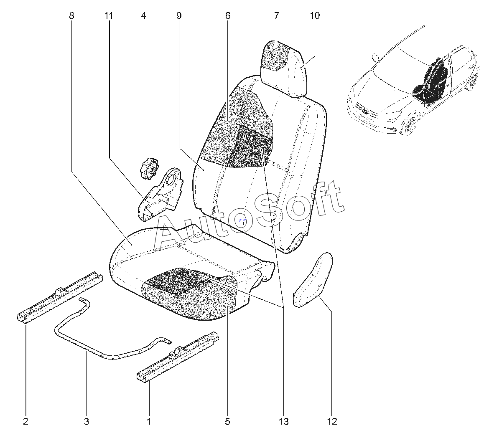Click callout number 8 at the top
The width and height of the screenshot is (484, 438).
click(x=71, y=16)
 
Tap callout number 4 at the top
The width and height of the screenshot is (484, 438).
click(x=143, y=16)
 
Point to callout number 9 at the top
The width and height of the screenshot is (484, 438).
click(x=179, y=16)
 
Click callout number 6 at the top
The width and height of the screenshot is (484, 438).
click(x=228, y=16)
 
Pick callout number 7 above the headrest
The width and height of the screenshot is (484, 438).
click(x=276, y=16)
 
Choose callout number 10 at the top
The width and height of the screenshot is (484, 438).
click(x=315, y=16)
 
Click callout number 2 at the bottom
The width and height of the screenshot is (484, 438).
click(x=25, y=421)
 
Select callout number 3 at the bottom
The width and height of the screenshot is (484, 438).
click(x=87, y=421)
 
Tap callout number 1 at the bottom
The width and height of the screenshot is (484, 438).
click(x=149, y=421)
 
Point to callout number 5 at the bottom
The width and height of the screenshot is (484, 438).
click(x=227, y=421)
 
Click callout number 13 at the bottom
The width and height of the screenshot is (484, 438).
click(x=284, y=421)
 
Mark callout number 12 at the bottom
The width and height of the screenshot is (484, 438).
click(x=332, y=421)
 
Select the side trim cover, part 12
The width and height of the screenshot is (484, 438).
click(x=312, y=280)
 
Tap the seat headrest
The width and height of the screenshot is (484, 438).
click(x=284, y=68)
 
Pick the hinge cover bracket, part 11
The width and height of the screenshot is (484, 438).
click(x=160, y=194)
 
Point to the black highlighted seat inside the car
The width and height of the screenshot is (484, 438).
click(x=433, y=77)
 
